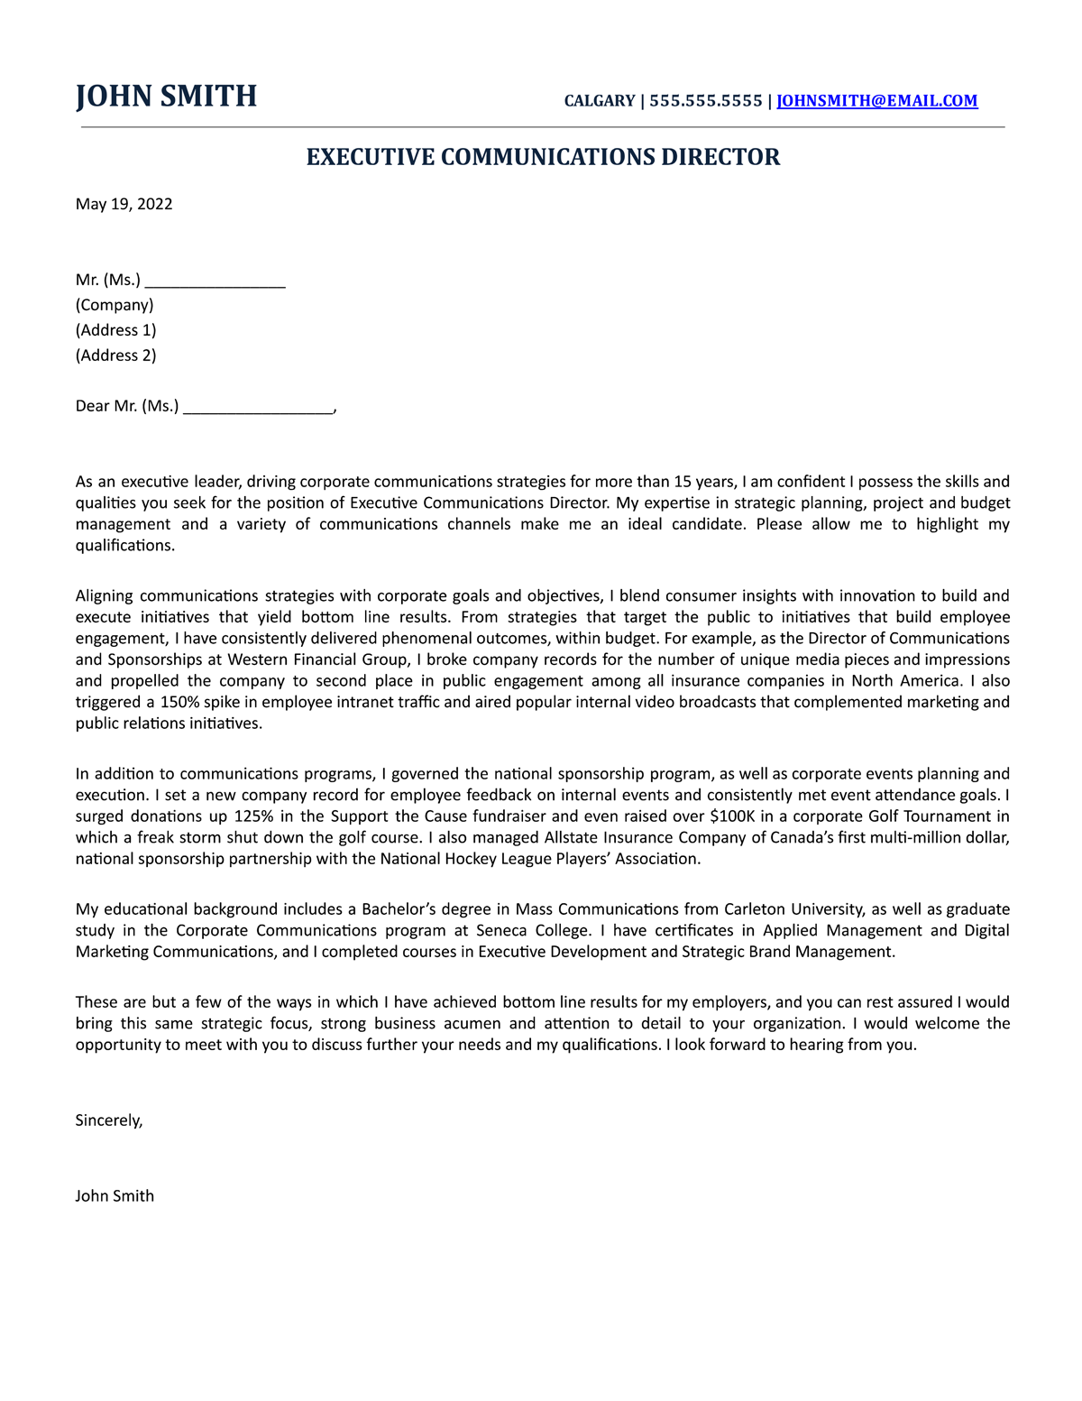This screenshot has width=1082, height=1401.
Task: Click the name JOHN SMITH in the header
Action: [166, 97]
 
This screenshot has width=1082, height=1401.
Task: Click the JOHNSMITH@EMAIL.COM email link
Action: [876, 101]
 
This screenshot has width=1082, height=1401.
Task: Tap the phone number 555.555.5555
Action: [705, 101]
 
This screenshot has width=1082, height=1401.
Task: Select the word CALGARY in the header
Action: [599, 101]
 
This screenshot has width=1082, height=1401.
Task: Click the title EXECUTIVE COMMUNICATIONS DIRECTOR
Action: [543, 157]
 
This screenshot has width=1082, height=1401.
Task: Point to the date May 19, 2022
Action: [124, 204]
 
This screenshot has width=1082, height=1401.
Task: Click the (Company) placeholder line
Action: [115, 305]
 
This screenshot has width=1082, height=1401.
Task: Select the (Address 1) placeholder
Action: [115, 330]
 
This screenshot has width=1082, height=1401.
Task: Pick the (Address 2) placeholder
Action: [115, 355]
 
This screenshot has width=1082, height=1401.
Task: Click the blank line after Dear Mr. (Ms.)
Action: [258, 408]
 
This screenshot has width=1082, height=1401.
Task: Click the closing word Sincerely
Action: [108, 1120]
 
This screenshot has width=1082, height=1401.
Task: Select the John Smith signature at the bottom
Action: [115, 1196]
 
